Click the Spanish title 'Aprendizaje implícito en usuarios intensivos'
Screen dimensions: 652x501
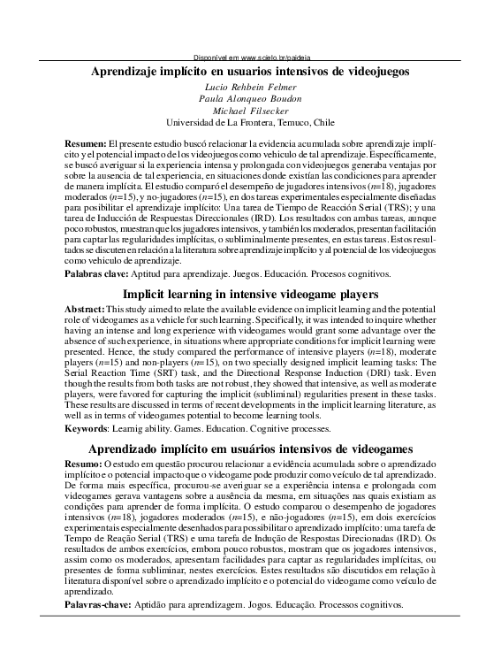pos(251,73)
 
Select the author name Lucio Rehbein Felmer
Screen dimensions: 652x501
pos(250,91)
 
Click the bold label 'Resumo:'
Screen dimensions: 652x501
pos(84,464)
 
